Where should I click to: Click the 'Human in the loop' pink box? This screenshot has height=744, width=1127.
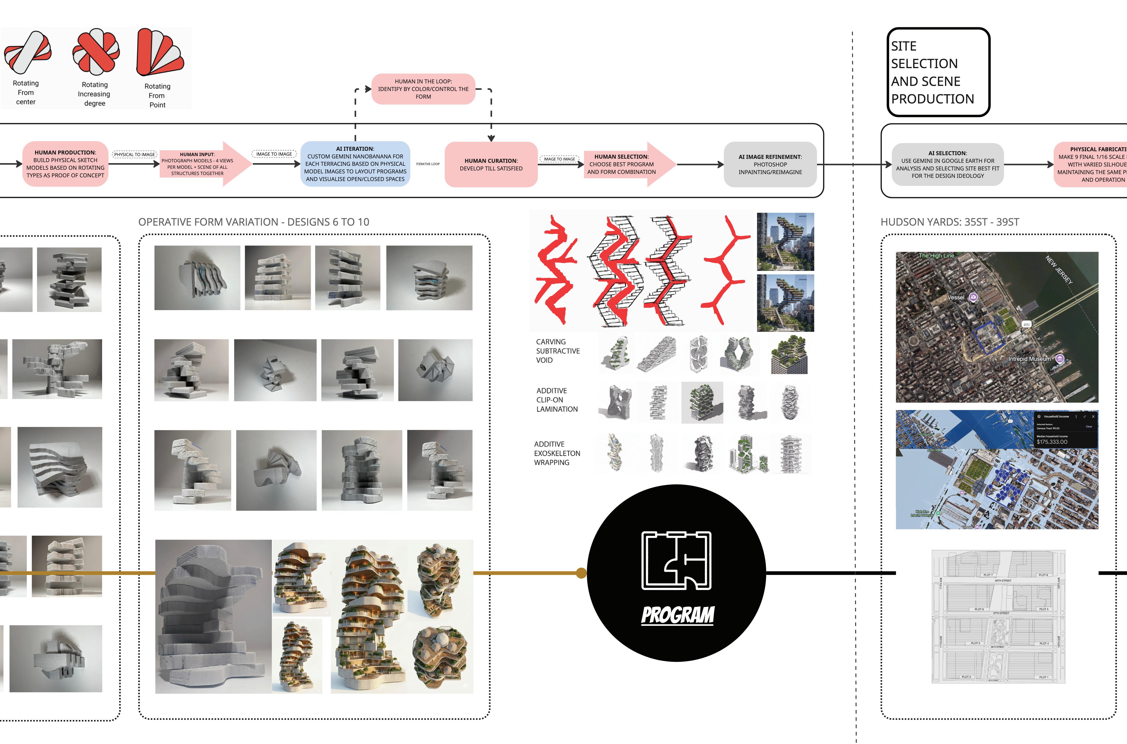(x=423, y=89)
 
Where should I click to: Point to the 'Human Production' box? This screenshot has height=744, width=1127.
(x=66, y=164)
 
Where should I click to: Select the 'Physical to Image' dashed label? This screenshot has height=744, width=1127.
(x=134, y=154)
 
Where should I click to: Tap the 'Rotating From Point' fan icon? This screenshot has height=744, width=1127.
(x=159, y=52)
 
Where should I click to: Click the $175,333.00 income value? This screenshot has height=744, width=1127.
(x=1052, y=442)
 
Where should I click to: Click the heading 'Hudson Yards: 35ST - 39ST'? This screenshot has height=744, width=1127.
(x=950, y=222)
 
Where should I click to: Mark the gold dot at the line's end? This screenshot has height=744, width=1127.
(x=581, y=573)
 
